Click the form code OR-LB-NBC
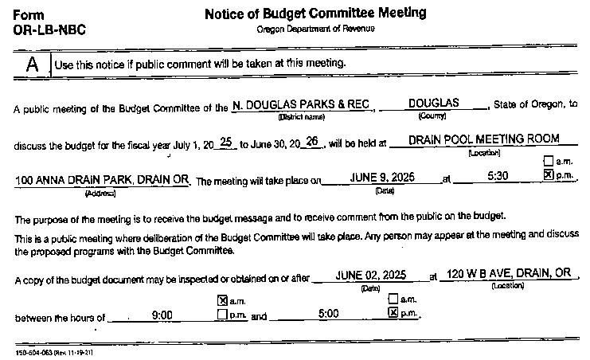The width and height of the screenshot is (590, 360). coord(49,30)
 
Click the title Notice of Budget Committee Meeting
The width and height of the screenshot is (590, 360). coord(315,14)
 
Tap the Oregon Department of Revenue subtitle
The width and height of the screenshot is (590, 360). coord(315,29)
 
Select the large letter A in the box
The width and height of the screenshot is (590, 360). coord(32,64)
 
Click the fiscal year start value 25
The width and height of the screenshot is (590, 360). coord(226,142)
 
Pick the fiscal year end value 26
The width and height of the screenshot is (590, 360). coord(312,142)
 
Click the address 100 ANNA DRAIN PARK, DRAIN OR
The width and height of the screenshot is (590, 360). coord(102,180)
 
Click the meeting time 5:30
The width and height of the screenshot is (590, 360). coord(498,176)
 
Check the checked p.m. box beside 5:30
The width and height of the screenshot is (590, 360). coord(548,174)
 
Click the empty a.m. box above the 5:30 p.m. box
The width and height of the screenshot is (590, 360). coord(548,162)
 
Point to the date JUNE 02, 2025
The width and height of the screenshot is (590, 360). coord(371,275)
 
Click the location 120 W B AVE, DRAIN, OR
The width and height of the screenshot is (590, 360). coord(510,273)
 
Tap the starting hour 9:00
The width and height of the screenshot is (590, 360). coord(162,315)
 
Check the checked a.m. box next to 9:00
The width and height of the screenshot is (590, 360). coord(222,300)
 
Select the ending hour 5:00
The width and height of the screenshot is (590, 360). coord(329,315)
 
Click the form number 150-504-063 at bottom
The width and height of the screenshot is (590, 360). coord(54,351)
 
